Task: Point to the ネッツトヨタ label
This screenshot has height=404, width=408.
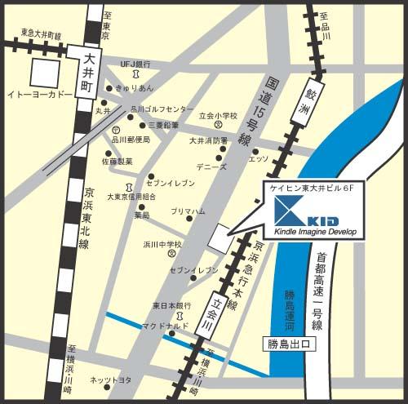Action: coord(110,380)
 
